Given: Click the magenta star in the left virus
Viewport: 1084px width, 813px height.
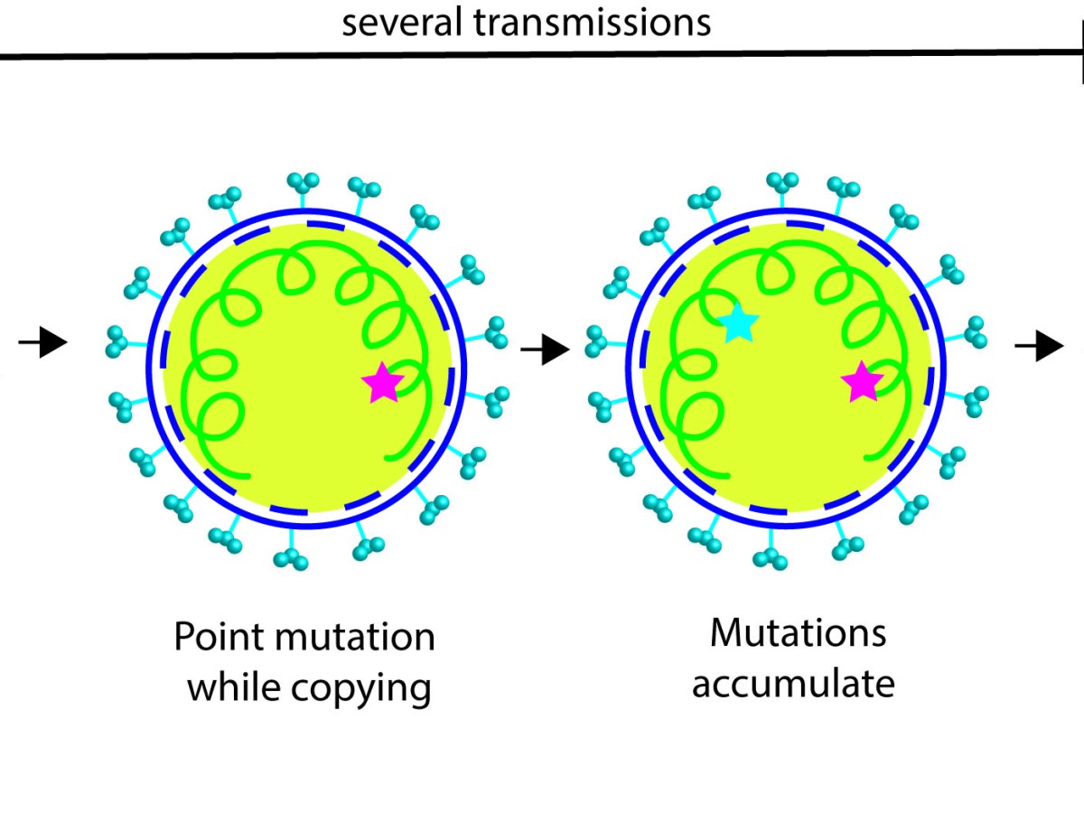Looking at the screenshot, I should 383,383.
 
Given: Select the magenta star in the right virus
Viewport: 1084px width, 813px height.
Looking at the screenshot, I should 862,383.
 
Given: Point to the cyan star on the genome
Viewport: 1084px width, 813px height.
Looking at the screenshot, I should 739,322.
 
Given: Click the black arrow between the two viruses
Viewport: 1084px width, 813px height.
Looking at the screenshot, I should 546,349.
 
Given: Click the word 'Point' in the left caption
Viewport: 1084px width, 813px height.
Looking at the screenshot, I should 220,638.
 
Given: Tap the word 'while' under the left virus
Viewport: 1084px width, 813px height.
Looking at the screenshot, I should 234,688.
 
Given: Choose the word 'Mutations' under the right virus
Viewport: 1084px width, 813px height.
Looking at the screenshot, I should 798,633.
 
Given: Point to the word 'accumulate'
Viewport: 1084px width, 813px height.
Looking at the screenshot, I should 793,684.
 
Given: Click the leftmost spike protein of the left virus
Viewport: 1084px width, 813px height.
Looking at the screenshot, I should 116,341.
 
